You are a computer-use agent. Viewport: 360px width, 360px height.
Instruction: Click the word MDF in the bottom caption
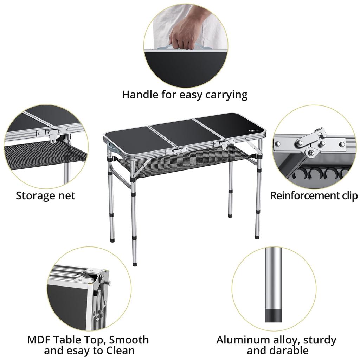(38, 340)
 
